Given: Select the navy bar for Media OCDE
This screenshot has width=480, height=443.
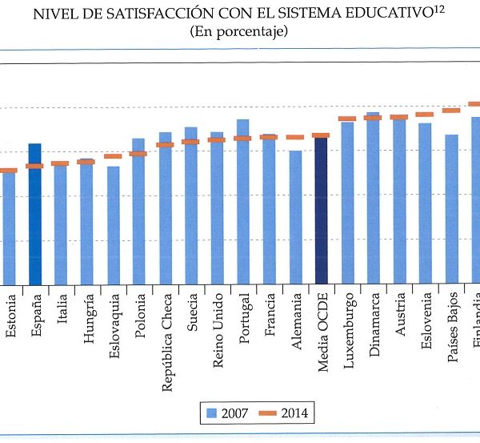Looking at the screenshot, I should pyautogui.click(x=321, y=211).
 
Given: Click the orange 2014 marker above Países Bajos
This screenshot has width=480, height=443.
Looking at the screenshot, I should pyautogui.click(x=451, y=111).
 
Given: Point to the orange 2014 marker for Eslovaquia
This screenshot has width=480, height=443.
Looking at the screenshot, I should pyautogui.click(x=113, y=156).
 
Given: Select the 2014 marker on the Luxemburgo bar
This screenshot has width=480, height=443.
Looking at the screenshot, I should pyautogui.click(x=347, y=119).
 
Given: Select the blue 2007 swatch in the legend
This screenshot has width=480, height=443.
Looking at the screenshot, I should pyautogui.click(x=213, y=413).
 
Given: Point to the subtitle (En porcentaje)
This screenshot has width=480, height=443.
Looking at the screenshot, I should pyautogui.click(x=239, y=32).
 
